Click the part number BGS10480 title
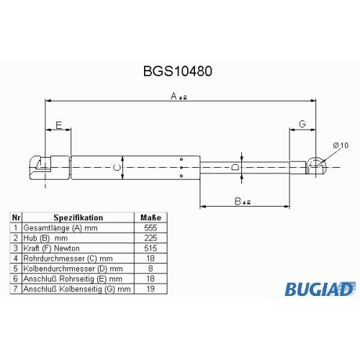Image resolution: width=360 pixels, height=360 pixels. [178, 71]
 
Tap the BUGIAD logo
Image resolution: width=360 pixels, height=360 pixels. [320, 289]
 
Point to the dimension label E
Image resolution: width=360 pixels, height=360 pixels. [59, 125]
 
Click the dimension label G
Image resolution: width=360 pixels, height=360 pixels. [302, 124]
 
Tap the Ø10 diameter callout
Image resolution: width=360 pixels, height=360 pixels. [341, 145]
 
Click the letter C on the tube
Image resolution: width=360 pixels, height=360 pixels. [117, 167]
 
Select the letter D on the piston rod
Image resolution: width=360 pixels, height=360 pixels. [235, 167]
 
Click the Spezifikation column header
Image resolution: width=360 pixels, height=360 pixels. [78, 217]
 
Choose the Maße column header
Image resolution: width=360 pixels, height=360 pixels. [150, 217]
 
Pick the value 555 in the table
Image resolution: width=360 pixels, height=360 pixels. [150, 228]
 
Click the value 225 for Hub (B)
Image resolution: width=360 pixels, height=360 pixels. [150, 238]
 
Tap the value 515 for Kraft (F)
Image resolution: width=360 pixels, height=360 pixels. [150, 248]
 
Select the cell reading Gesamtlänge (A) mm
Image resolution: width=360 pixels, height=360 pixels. [60, 228]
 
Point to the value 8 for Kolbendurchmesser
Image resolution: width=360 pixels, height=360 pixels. [150, 269]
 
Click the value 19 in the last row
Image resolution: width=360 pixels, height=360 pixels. [150, 289]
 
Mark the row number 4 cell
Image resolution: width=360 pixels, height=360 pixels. [16, 258]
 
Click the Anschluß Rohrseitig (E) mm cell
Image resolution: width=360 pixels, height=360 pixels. [73, 279]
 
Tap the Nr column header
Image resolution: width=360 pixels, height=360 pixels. [16, 217]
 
